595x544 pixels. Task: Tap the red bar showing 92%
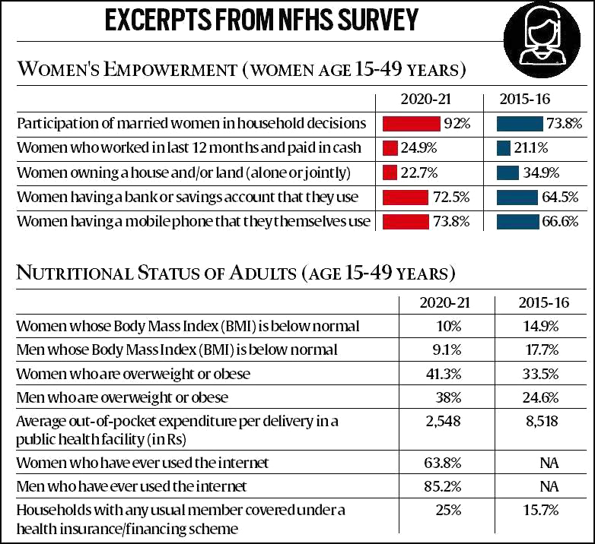pyautogui.click(x=412, y=123)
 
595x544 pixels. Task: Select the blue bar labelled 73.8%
pyautogui.click(x=520, y=123)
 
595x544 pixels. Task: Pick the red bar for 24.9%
pyautogui.click(x=390, y=147)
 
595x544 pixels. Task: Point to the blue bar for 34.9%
pyautogui.click(x=508, y=172)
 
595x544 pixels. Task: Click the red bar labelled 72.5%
pyautogui.click(x=406, y=197)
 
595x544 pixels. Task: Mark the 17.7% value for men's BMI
pyautogui.click(x=543, y=349)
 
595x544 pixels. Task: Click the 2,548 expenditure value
pyautogui.click(x=445, y=421)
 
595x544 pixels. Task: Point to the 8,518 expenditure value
pyautogui.click(x=543, y=421)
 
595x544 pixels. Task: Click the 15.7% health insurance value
pyautogui.click(x=543, y=510)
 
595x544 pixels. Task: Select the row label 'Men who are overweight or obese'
pyautogui.click(x=123, y=397)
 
